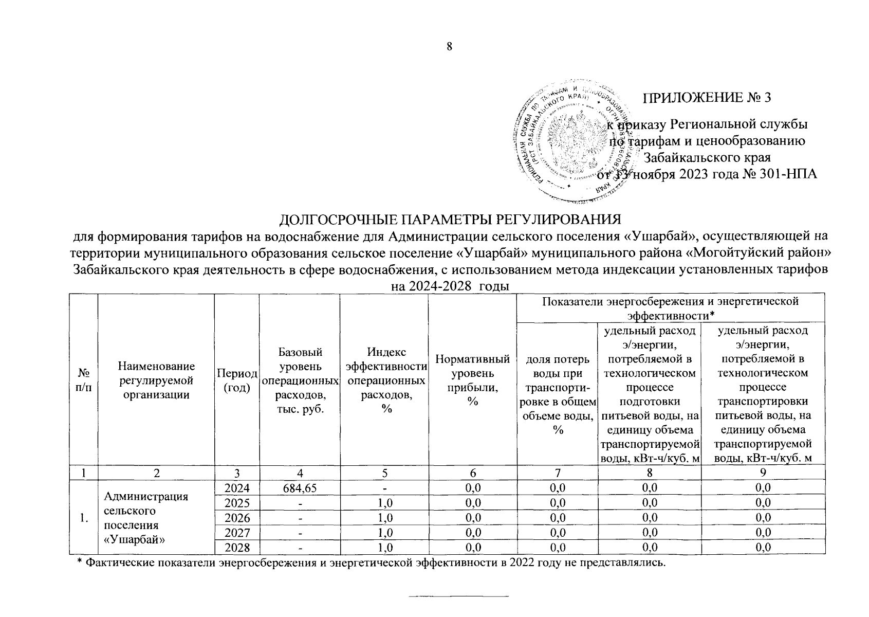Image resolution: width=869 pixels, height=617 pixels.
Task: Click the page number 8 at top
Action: (449, 47)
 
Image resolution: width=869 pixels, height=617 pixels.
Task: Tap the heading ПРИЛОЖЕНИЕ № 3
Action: (707, 98)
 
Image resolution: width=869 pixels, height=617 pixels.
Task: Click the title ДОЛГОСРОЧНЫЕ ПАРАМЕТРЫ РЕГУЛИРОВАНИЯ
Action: (450, 220)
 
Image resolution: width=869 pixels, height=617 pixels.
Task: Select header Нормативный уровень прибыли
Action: (472, 380)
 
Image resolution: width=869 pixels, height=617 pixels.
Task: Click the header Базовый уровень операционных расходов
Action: (300, 380)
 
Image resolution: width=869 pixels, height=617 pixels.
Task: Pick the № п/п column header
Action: (83, 380)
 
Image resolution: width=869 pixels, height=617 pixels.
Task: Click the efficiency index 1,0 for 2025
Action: (384, 502)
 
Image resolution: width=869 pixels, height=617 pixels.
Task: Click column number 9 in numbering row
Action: (764, 472)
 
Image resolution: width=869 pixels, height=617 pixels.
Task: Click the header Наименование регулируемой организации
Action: (156, 380)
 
